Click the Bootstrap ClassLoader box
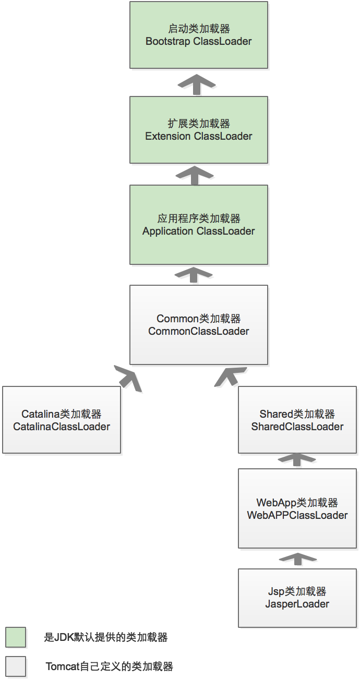[x=198, y=35]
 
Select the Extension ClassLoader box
[x=198, y=130]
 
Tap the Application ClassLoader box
[x=198, y=225]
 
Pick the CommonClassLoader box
[x=198, y=325]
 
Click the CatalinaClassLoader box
[x=62, y=420]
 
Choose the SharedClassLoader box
[x=297, y=420]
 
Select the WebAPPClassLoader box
[x=297, y=508]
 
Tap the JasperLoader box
[x=297, y=598]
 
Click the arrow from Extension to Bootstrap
[x=196, y=83]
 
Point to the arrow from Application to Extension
[x=194, y=174]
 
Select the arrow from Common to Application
[x=194, y=274]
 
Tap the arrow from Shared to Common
[x=230, y=377]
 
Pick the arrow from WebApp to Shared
[x=297, y=458]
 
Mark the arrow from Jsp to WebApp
[x=297, y=558]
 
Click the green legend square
[x=16, y=637]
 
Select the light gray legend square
[x=16, y=666]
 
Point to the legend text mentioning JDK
[x=106, y=637]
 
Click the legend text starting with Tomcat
[x=109, y=666]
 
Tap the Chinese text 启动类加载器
[x=198, y=29]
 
